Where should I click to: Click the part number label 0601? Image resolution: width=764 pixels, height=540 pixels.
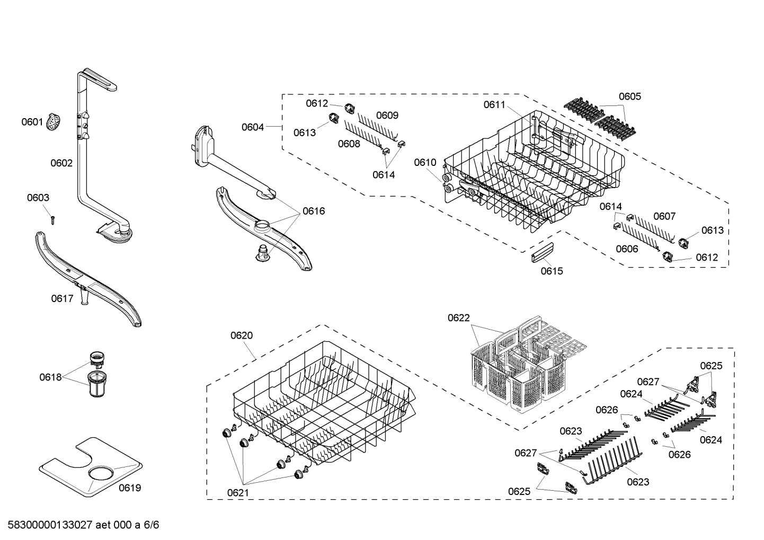(32, 122)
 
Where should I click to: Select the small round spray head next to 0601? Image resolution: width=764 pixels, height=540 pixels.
(54, 122)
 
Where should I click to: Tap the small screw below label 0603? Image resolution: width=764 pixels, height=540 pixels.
(52, 219)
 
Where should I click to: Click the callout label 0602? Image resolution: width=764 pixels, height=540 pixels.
(61, 163)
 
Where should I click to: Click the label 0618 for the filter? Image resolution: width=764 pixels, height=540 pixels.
(50, 377)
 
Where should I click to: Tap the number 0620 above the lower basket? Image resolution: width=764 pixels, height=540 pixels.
(242, 335)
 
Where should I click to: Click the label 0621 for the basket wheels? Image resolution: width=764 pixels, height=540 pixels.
(238, 493)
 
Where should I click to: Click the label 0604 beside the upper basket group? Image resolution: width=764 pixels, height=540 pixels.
(253, 127)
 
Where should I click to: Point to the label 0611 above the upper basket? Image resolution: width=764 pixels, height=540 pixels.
(494, 105)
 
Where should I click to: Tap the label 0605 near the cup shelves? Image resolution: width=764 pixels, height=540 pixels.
(630, 96)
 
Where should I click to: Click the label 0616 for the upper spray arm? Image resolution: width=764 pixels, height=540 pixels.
(314, 211)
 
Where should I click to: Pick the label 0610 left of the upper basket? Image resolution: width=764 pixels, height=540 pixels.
(425, 163)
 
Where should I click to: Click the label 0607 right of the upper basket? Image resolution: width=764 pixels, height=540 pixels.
(664, 216)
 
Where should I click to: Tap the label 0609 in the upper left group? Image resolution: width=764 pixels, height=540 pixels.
(387, 116)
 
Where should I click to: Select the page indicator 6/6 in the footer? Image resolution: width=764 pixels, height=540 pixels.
(151, 525)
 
